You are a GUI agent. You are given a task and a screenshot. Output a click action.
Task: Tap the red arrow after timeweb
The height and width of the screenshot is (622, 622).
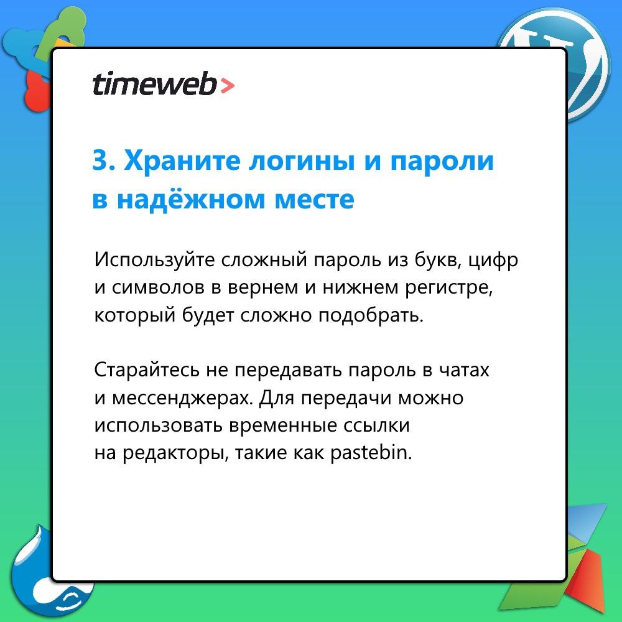point(227,86)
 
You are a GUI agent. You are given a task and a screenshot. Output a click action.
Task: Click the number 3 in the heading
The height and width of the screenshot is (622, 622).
point(101,160)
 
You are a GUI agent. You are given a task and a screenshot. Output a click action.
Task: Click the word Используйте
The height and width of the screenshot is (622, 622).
point(154,260)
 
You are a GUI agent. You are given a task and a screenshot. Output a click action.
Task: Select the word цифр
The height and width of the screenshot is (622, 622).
point(493,261)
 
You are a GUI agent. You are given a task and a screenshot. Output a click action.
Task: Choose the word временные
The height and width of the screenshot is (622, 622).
point(283,426)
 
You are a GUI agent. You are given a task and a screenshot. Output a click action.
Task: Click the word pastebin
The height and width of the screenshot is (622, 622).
point(371,453)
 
